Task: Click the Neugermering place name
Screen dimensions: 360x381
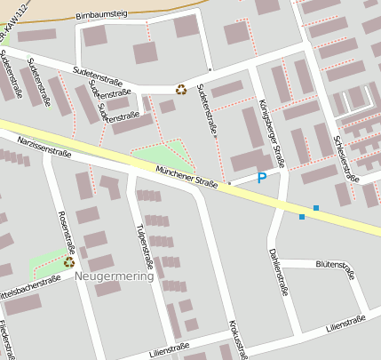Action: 115,276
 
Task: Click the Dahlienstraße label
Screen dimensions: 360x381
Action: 277,271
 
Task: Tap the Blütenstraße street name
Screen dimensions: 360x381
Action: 336,265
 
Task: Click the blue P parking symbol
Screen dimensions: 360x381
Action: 261,179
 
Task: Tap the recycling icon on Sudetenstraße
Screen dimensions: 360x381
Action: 181,88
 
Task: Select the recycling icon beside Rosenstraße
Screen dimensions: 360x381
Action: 68,263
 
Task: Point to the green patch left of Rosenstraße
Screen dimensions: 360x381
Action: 44,264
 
